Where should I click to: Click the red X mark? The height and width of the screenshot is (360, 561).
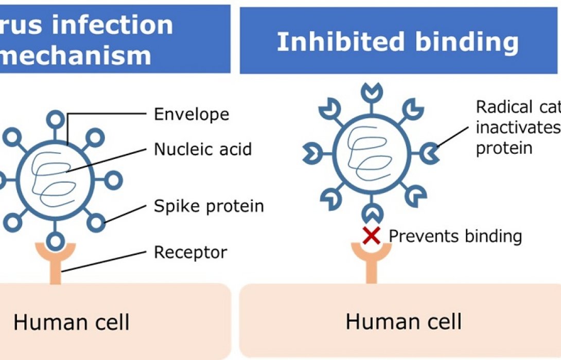(372, 236)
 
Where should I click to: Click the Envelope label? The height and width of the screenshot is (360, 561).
(191, 114)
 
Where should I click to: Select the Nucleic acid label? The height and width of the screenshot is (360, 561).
(203, 150)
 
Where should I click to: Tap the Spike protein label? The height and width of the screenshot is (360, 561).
(209, 206)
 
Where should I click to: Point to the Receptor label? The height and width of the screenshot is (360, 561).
(190, 253)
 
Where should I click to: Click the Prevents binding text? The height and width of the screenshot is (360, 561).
(455, 236)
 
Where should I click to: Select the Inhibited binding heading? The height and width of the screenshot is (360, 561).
(397, 42)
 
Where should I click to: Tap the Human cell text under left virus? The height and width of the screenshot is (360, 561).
(71, 322)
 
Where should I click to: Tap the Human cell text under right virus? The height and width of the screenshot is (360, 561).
(404, 322)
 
